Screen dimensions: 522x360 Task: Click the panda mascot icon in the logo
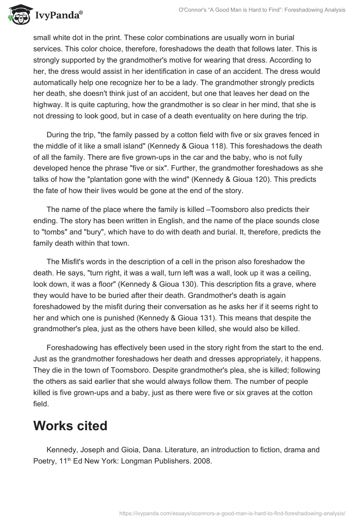point(18,14)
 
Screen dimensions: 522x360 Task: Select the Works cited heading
point(70,426)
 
